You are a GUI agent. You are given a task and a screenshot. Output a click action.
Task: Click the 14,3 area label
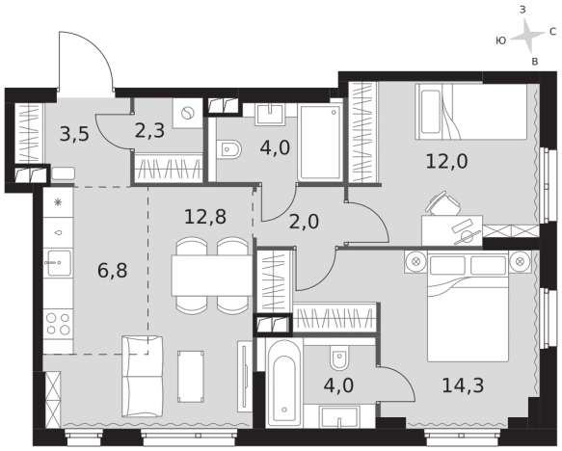point(463,385)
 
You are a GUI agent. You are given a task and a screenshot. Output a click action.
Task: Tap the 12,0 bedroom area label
point(446,161)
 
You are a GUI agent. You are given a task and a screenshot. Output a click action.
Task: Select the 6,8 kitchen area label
point(112,270)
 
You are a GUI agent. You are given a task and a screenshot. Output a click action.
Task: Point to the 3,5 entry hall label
point(74,135)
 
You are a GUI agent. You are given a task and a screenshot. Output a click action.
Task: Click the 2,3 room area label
point(149,131)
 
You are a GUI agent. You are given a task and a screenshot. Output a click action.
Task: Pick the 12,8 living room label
point(205,217)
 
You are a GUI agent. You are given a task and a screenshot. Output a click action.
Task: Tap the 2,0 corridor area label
point(304,222)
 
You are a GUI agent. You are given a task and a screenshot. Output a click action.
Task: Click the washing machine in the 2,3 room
point(187,114)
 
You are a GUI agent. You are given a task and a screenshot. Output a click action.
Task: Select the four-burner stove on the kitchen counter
point(59,324)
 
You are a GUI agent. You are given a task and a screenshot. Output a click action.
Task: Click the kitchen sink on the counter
point(59,263)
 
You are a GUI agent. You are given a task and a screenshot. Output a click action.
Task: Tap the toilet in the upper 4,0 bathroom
point(229,148)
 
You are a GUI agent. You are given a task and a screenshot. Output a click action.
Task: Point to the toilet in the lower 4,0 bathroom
point(339,358)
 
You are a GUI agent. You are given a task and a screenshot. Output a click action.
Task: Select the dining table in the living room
point(212,275)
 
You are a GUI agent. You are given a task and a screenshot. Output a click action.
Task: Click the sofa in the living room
point(143,376)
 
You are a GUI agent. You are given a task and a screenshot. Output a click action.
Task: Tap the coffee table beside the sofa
point(191,377)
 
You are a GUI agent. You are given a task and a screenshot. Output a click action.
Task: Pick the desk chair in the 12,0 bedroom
point(442,202)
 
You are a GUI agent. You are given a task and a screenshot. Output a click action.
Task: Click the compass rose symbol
point(527,36)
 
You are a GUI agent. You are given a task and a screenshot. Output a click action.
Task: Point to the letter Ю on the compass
point(501,40)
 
